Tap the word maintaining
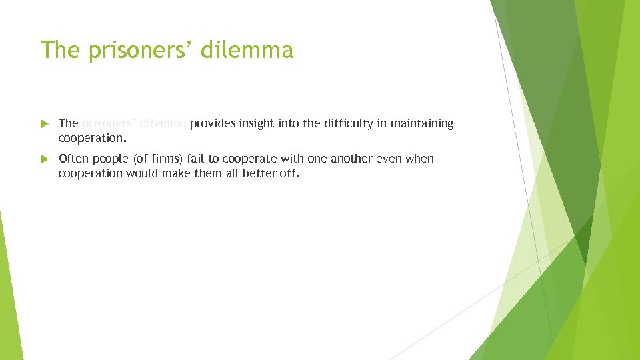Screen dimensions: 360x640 point(422,123)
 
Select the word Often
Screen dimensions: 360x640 point(74,159)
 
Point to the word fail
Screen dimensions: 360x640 point(195,159)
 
